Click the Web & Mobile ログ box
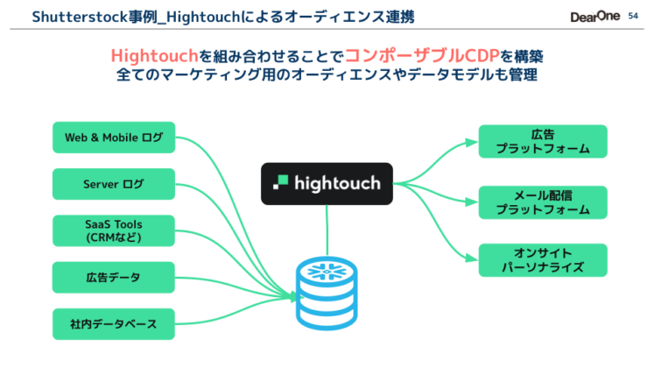114,138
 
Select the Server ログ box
114,184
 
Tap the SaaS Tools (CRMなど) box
114,230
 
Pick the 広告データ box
114,277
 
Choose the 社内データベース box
114,324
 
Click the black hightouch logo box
327,183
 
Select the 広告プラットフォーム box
542,142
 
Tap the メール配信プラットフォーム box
542,202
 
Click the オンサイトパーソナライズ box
542,260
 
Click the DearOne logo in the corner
594,17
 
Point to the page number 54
635,16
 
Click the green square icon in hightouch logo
282,183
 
